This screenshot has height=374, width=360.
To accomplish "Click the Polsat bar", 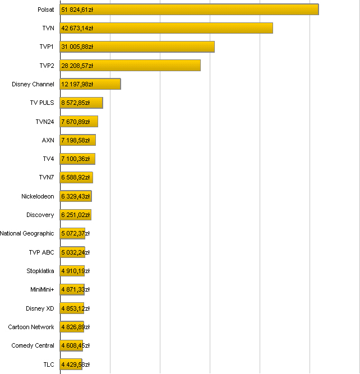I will pos(189,10).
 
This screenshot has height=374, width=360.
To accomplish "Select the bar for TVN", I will pos(166,28).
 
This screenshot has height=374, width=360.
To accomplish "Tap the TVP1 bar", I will pos(137,47).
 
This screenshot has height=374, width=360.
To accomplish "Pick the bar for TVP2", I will pos(130,66).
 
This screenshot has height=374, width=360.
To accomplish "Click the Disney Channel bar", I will pos(90,84).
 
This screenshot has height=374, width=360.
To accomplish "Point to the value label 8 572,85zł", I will pos(75,103).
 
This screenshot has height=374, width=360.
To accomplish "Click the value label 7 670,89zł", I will pos(75,122).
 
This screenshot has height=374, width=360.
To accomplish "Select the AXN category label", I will pos(48,140).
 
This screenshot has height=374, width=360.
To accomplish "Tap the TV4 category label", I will pos(49,159).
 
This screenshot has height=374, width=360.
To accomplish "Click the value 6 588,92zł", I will pos(75,178).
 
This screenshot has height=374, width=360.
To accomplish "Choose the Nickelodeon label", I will pos(38,196).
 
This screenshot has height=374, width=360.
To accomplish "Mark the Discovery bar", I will pos(75,215).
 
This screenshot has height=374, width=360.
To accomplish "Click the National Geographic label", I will pos(27,233).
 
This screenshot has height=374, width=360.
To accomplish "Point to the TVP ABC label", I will pos(41,252).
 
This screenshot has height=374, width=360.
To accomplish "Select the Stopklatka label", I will pos(40,271).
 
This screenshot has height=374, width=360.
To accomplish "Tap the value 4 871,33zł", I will pos(75,289).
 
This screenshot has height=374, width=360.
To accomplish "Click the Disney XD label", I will pos(40,308).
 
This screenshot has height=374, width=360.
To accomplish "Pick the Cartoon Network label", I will pos(31,327).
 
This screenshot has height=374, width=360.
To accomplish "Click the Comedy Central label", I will pos(33,345).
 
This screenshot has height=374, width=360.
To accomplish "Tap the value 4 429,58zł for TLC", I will pos(75,364).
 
